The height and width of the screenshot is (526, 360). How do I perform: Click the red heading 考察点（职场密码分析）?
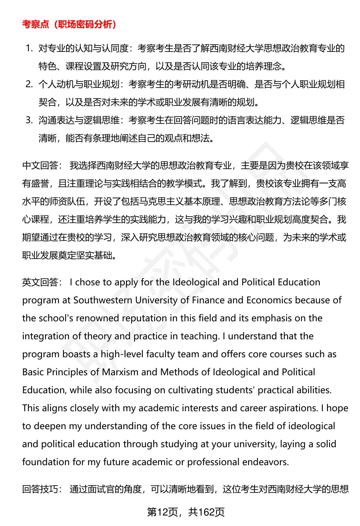click(x=69, y=24)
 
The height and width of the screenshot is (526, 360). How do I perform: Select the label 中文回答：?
click(x=42, y=165)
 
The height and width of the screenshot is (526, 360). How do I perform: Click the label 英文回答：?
click(x=42, y=282)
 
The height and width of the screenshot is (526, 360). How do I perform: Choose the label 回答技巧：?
click(x=42, y=489)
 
